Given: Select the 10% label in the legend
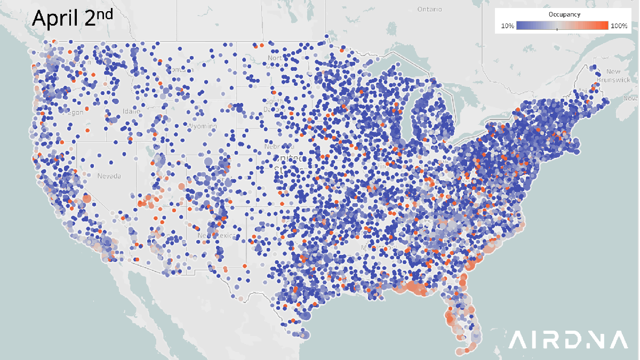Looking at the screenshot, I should (508, 26).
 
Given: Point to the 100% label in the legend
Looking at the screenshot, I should (618, 26).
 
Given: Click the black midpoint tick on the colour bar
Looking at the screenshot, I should (557, 29).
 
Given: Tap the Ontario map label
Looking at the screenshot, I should (430, 9).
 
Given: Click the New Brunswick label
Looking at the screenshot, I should (617, 75).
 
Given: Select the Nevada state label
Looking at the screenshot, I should (109, 175).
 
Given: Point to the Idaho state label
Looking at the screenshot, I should (131, 111).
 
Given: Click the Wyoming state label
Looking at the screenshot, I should (202, 126).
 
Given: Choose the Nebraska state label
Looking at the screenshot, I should (279, 146).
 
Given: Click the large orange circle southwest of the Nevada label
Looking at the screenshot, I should (87, 199).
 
